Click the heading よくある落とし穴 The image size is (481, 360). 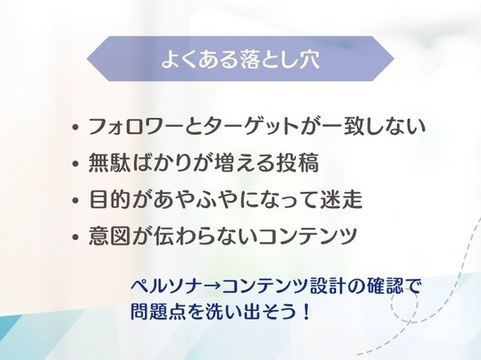click(240, 59)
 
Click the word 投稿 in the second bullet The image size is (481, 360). click(297, 163)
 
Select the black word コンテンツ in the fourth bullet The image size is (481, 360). click(307, 235)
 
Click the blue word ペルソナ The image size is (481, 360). click(166, 286)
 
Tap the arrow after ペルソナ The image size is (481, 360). click(212, 287)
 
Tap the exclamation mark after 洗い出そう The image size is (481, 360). click(305, 312)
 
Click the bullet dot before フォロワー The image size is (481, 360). click(75, 127)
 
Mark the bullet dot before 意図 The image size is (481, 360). click(75, 237)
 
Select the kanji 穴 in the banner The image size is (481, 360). click(309, 59)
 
